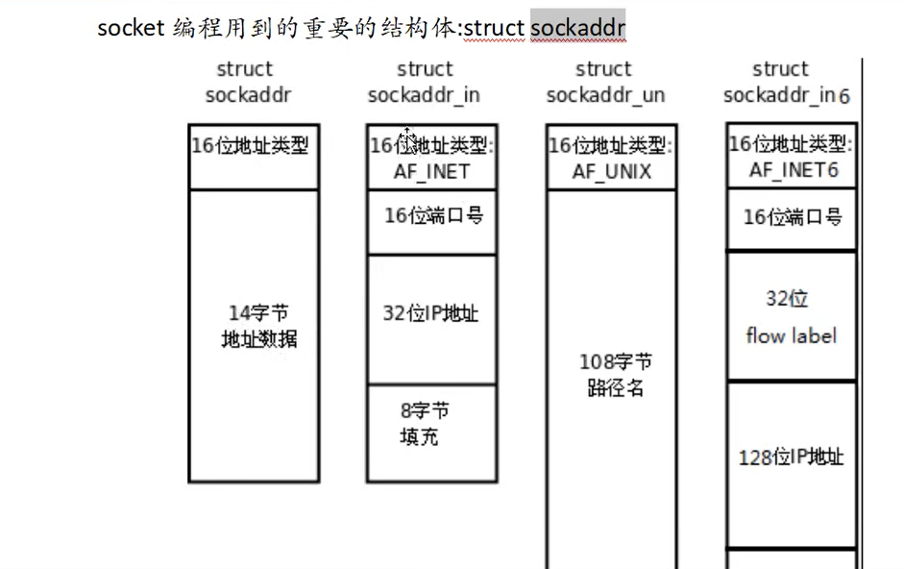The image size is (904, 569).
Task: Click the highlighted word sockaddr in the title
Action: [x=577, y=28]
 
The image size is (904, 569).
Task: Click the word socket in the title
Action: [x=131, y=28]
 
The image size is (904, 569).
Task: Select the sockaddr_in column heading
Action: [x=424, y=83]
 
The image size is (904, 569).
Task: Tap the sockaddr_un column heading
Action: [x=604, y=83]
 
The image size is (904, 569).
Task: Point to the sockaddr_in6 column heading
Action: [x=786, y=83]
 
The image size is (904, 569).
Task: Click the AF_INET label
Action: [x=431, y=171]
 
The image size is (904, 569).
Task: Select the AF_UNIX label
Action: [x=611, y=171]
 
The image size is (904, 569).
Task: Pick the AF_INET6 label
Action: [x=793, y=169]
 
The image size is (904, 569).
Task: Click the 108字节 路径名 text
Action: [x=615, y=375]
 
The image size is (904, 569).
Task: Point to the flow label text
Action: [x=791, y=335]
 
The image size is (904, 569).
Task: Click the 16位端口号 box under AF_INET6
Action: [x=792, y=218]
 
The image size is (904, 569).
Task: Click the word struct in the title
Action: [x=494, y=28]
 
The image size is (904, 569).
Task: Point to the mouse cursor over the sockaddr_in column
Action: [x=407, y=139]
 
